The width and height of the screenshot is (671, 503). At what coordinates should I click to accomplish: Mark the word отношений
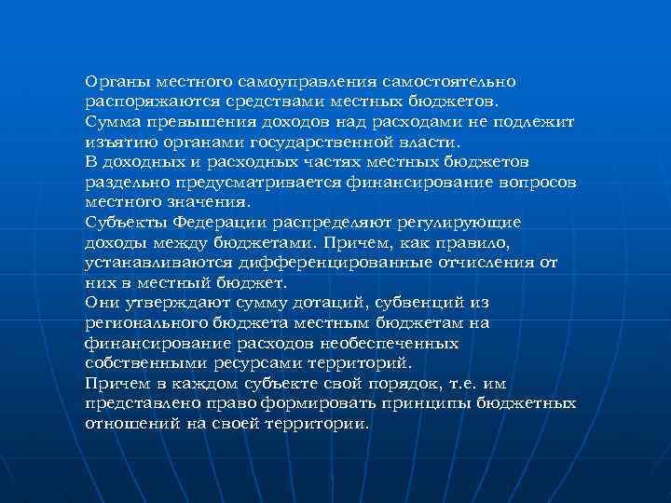[x=131, y=423]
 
